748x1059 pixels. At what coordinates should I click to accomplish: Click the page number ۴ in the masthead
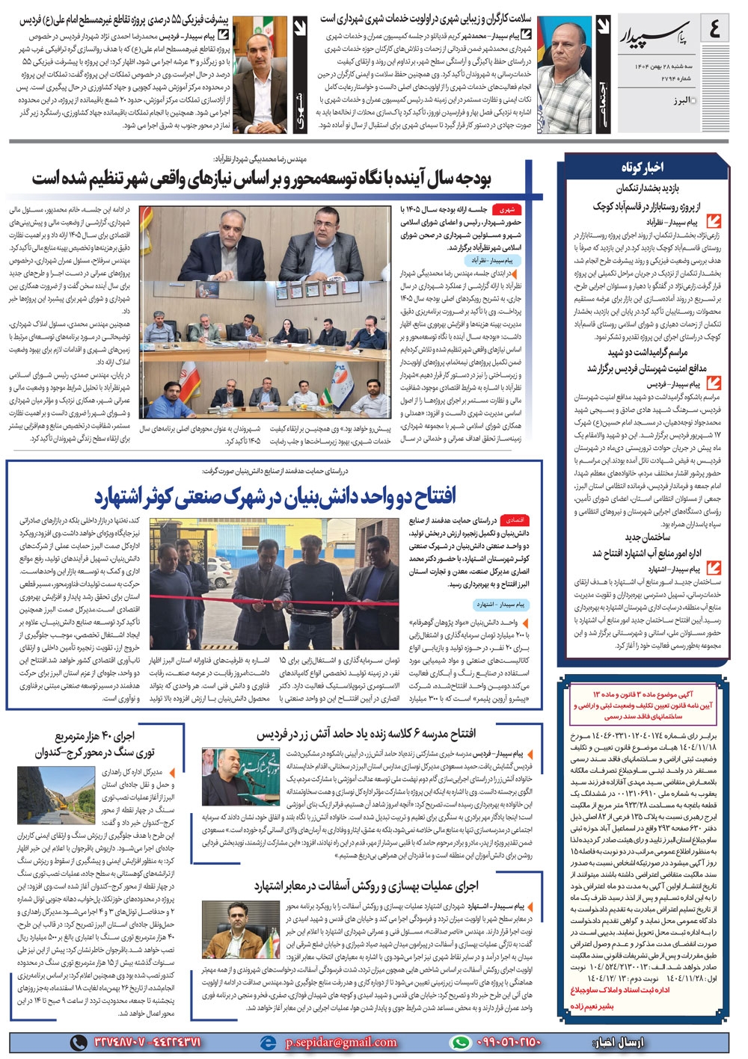tap(714, 31)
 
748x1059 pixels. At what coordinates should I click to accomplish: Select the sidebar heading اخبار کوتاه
tap(641, 167)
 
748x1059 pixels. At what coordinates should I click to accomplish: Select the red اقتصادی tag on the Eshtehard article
tap(515, 520)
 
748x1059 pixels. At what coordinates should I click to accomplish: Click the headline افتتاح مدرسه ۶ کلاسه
tap(366, 733)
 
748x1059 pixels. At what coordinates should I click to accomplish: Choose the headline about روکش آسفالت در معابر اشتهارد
tap(367, 886)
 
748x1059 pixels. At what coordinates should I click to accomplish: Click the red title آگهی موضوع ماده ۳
tap(643, 694)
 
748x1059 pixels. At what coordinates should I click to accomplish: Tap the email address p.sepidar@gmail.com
tap(341, 1042)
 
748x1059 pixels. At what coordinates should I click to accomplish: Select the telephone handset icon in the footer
tap(78, 1042)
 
